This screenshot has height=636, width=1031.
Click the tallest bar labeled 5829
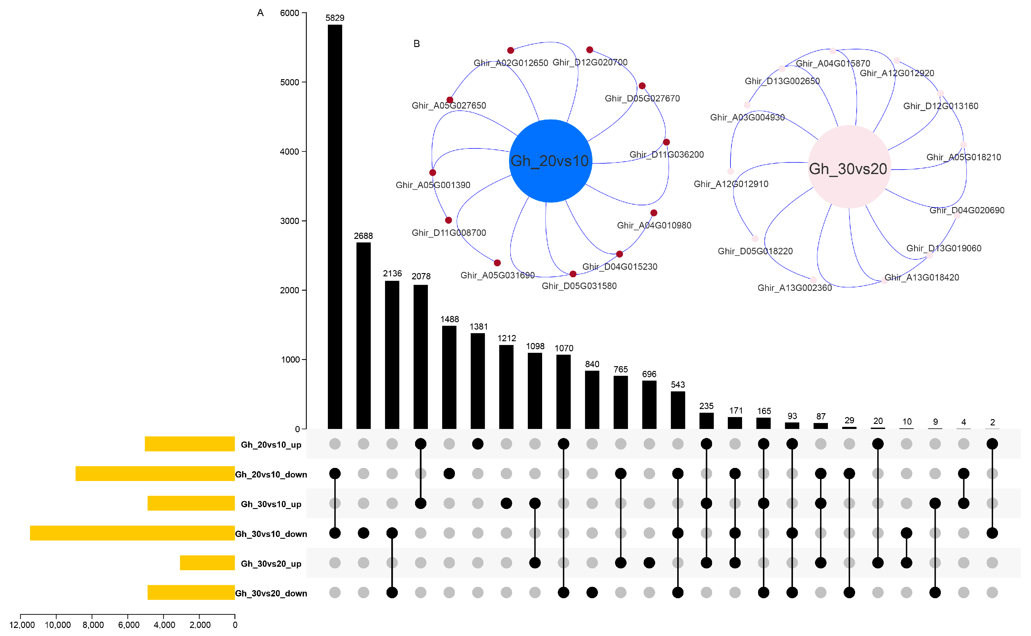tap(335, 227)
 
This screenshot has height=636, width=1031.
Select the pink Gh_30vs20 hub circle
tap(849, 167)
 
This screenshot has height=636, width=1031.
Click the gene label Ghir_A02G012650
tap(511, 63)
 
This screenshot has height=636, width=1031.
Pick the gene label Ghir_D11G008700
tap(449, 233)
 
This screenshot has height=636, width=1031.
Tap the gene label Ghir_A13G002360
tap(794, 288)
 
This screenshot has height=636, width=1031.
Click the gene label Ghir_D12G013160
tap(941, 106)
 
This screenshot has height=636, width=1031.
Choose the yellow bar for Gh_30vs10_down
tap(132, 533)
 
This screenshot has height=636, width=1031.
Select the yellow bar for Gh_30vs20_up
tap(207, 563)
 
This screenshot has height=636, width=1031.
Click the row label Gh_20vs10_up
tap(271, 445)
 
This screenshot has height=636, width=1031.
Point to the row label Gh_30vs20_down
tap(271, 593)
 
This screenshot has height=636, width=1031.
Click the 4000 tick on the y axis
tap(290, 151)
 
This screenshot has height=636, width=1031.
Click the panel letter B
tap(417, 44)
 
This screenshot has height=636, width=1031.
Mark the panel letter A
tap(260, 13)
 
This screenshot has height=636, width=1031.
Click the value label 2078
tap(421, 276)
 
